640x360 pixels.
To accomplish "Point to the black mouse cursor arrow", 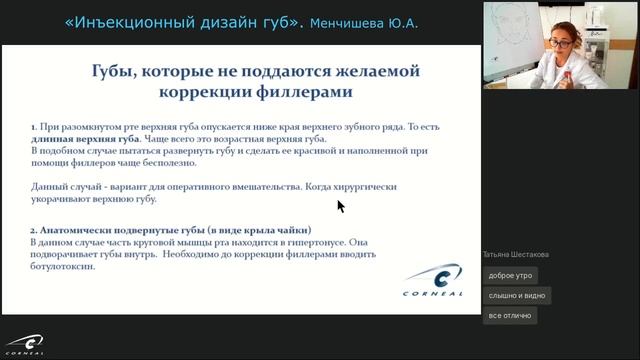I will point(340,205).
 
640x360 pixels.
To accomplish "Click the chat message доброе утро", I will point(510,275).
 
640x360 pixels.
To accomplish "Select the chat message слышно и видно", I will point(516,295).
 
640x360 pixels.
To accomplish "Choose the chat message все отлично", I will point(509,315).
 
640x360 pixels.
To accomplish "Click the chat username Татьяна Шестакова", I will point(515,254).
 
